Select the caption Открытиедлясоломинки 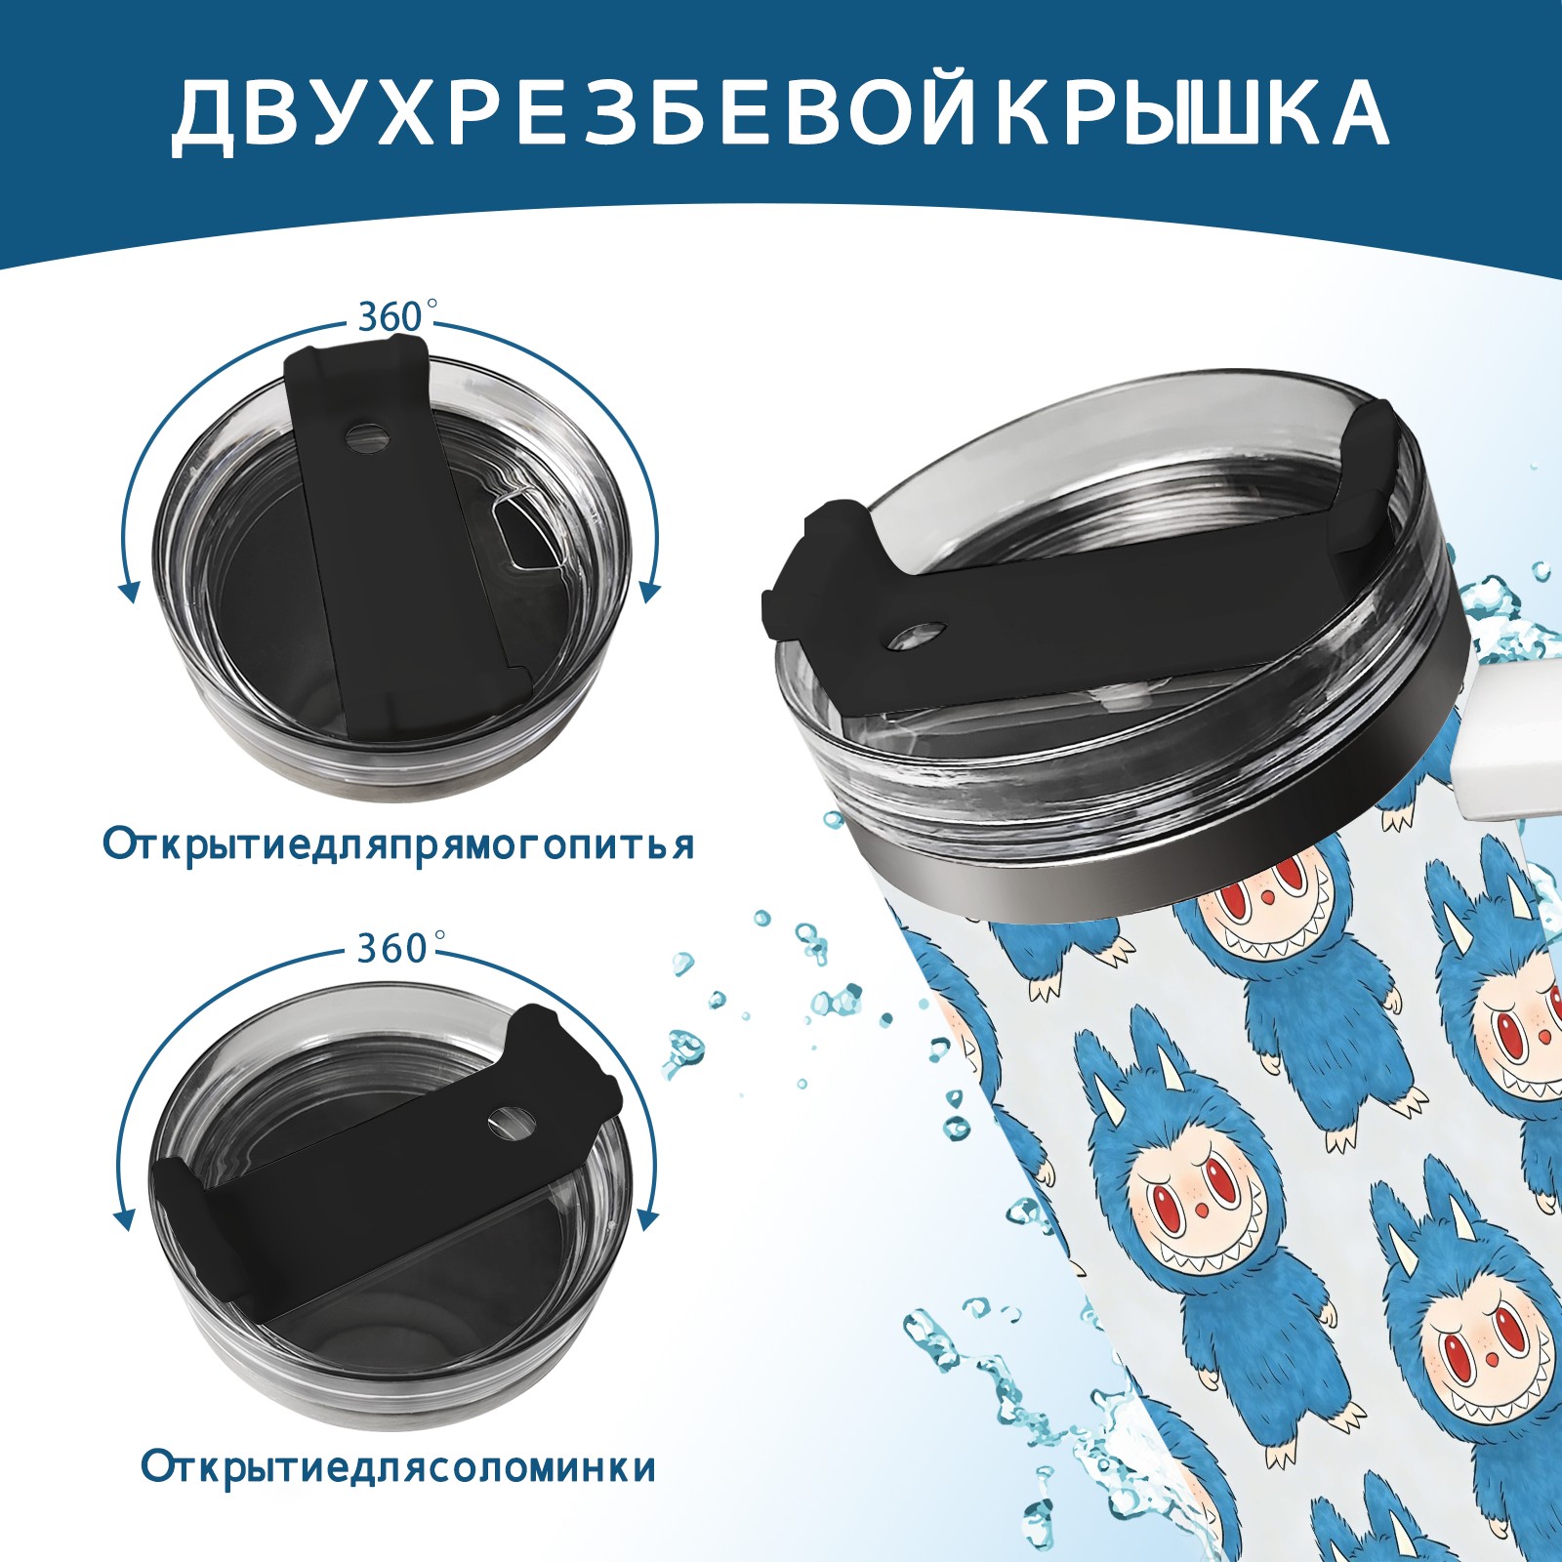(x=398, y=1494)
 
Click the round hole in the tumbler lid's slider (x=919, y=637)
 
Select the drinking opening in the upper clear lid (x=524, y=533)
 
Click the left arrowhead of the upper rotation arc (x=127, y=590)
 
